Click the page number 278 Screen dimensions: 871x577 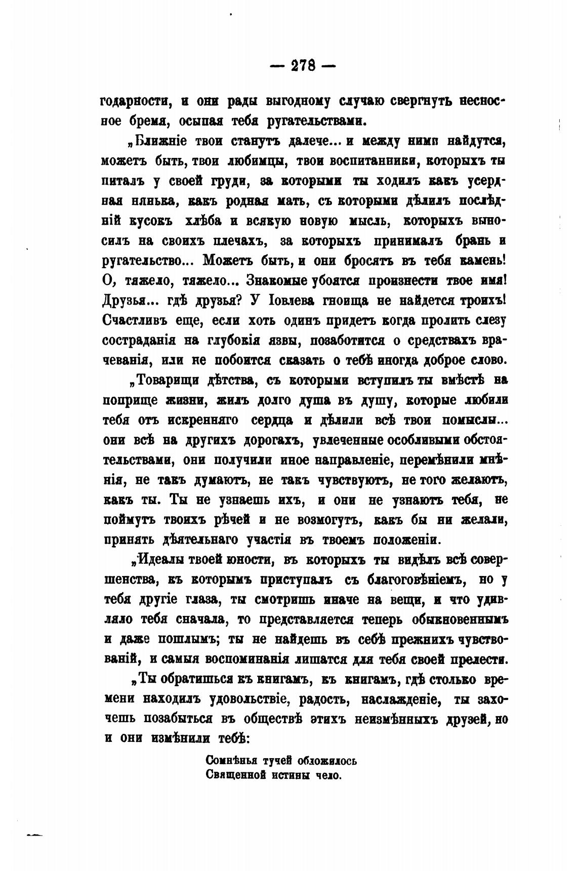(x=303, y=66)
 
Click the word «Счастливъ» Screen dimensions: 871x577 (x=131, y=320)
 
